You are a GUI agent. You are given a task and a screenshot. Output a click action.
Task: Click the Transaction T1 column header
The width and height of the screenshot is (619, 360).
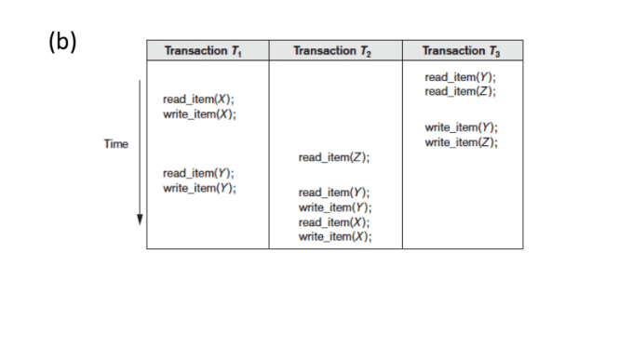coord(208,50)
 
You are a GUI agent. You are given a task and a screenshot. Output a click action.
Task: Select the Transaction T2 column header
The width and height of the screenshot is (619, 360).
coord(335,50)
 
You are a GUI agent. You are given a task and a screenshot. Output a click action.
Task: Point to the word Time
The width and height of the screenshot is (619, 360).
coord(116,144)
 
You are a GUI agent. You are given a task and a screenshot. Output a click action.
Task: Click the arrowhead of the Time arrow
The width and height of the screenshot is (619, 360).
coord(141,220)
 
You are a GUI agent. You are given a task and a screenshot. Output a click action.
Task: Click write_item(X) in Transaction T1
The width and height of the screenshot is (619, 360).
coord(199,114)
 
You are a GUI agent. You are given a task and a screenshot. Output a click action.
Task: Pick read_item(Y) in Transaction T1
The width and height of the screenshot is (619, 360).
coord(198,173)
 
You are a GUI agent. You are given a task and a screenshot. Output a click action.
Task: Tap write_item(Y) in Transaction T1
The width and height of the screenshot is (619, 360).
coord(199,188)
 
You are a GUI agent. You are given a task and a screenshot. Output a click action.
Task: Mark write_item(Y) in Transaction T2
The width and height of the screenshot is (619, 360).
coord(335,207)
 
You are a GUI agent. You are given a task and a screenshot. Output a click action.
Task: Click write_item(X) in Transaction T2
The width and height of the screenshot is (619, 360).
coord(335,237)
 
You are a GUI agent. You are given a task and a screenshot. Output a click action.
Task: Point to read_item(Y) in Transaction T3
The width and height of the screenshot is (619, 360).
coord(460,77)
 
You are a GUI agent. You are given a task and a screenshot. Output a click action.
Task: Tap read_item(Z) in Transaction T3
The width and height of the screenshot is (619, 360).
coord(460,91)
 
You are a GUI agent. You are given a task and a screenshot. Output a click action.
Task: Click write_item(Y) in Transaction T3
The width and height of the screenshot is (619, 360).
coord(461,127)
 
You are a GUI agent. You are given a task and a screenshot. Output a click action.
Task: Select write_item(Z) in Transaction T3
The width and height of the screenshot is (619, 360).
coord(461,141)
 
